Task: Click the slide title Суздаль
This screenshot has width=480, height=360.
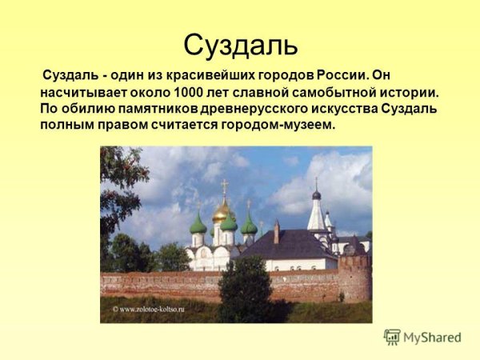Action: tap(240, 44)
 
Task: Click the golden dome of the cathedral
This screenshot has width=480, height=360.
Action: tap(222, 211)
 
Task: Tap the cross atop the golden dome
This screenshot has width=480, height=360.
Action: tap(225, 187)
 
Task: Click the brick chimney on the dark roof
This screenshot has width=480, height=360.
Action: tap(276, 231)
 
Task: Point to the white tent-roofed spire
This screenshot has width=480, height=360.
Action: tap(317, 213)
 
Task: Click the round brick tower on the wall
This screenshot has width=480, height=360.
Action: tap(354, 277)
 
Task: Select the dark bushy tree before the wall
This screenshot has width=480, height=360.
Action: tap(245, 288)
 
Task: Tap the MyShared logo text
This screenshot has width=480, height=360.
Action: tap(433, 338)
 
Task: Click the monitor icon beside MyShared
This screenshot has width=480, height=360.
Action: tap(392, 337)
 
